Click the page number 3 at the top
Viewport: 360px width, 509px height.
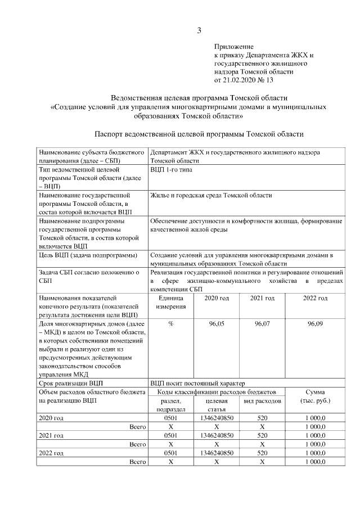point(199,30)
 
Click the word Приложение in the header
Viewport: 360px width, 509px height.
point(233,47)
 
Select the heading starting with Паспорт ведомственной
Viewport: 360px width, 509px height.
point(199,134)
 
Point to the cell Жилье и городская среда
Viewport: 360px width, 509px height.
point(211,195)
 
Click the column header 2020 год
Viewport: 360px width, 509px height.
point(217,298)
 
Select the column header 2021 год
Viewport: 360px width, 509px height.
point(262,298)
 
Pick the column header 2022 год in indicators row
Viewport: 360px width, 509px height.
point(315,298)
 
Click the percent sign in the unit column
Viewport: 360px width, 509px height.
point(170,325)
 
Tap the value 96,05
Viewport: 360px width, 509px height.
point(217,325)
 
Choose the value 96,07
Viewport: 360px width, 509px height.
point(262,325)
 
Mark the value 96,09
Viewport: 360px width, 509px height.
point(315,325)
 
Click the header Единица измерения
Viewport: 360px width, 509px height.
point(170,302)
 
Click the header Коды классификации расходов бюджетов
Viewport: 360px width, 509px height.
point(217,391)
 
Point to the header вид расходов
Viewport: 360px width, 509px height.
point(262,401)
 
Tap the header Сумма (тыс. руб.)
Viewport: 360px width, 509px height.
point(315,396)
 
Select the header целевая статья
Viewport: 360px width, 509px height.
point(217,405)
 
